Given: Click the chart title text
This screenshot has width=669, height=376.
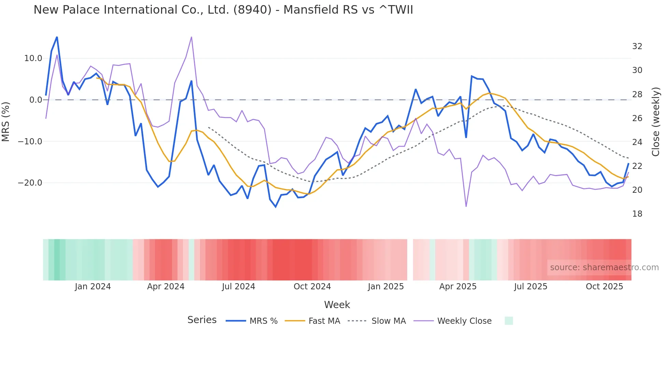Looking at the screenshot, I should point(223,10).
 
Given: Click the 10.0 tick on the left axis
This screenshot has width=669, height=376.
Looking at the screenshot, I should point(33,58).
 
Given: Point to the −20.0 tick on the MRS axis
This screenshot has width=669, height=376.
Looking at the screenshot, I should point(30,183).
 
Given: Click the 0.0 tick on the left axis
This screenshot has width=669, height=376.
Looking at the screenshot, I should point(35,100).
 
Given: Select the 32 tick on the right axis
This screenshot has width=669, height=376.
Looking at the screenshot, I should point(637,46).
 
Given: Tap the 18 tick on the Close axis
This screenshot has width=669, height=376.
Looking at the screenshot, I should point(637,214).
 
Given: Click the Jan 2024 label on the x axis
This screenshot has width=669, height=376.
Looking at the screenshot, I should point(93,287).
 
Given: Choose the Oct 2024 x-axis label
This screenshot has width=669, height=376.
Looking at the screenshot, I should point(312,287).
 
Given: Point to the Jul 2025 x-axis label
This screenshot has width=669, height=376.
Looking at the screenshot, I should point(530,287).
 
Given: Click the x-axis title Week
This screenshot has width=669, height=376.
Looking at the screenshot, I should point(337,305).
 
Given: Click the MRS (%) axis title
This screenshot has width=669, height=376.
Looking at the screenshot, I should point(6,121).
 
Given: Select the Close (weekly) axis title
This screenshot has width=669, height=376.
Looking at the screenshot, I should point(656,122).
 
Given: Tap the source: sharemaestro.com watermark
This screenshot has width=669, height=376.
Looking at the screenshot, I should point(604,267).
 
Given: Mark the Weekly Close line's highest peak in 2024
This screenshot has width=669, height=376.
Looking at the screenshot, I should point(191,37).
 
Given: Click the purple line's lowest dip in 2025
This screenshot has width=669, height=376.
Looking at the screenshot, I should point(466,206).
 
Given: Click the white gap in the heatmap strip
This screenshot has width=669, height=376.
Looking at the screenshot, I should point(410,260).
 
